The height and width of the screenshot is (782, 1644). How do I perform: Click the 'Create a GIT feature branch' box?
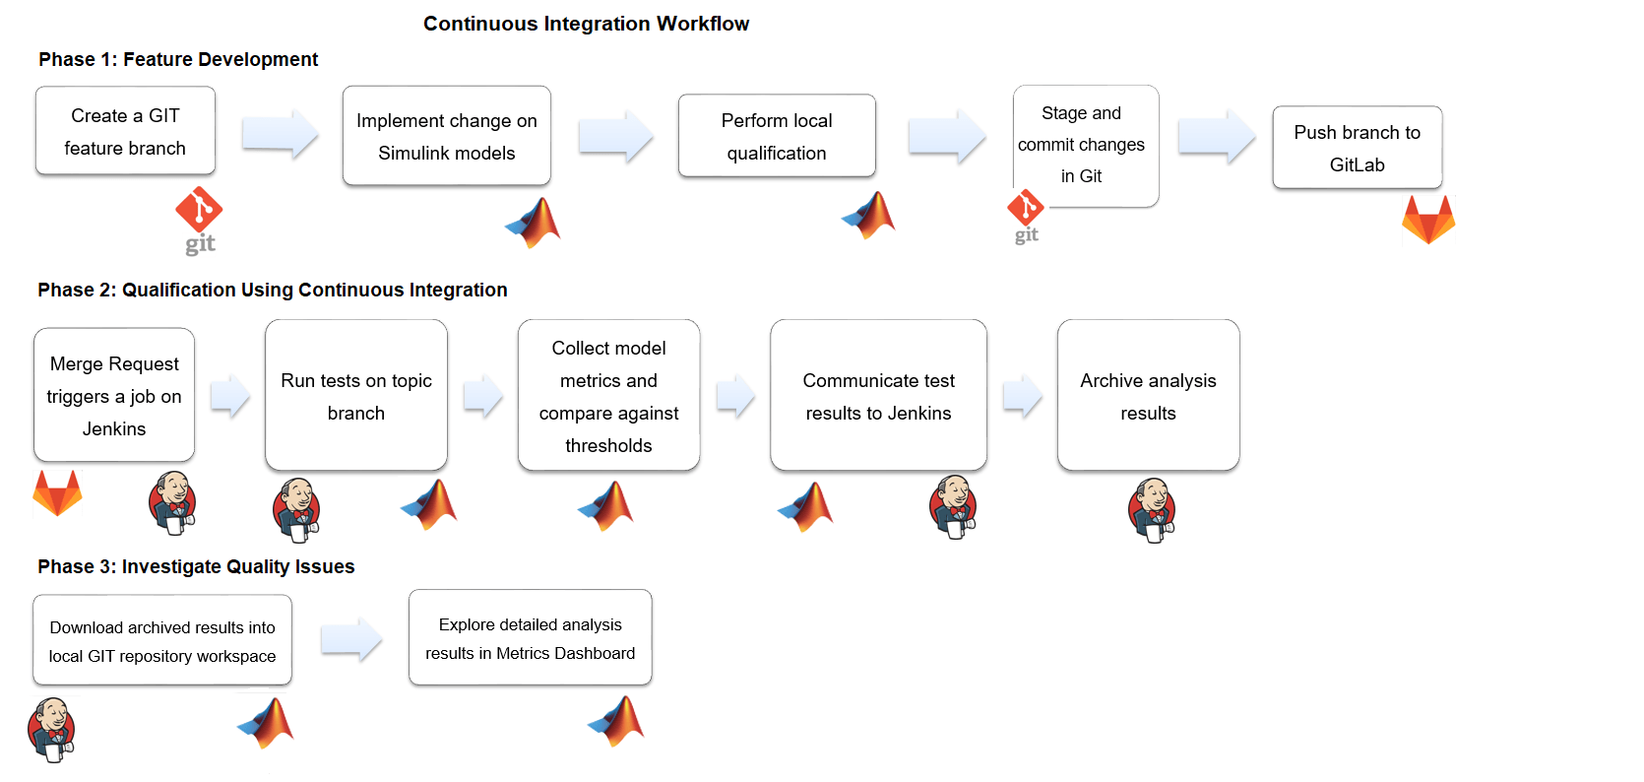pyautogui.click(x=125, y=131)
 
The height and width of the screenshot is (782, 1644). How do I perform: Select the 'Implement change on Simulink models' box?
pyautogui.click(x=446, y=136)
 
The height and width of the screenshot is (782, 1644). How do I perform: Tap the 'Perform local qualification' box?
pyautogui.click(x=777, y=136)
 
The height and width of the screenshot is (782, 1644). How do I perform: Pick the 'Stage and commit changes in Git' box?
pyautogui.click(x=1086, y=146)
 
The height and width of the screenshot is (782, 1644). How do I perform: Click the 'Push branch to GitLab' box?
pyautogui.click(x=1357, y=148)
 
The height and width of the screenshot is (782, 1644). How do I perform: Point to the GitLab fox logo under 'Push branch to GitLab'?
pyautogui.click(x=1428, y=219)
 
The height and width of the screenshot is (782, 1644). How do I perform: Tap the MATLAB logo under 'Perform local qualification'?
pyautogui.click(x=869, y=215)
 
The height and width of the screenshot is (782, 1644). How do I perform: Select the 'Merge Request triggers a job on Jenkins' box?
pyautogui.click(x=114, y=395)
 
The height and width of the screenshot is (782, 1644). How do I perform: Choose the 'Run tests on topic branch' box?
pyautogui.click(x=356, y=395)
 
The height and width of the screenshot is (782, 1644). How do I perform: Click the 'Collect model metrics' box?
pyautogui.click(x=608, y=395)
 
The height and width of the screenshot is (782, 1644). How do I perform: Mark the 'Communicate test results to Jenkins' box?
pyautogui.click(x=878, y=395)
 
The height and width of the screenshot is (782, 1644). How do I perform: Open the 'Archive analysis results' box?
pyautogui.click(x=1148, y=395)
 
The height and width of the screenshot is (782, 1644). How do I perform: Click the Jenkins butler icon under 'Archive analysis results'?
pyautogui.click(x=1152, y=509)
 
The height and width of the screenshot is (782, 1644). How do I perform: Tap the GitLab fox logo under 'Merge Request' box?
pyautogui.click(x=58, y=492)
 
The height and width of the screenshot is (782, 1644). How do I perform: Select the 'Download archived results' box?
pyautogui.click(x=162, y=640)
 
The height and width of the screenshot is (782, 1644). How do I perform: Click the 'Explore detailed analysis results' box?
pyautogui.click(x=530, y=637)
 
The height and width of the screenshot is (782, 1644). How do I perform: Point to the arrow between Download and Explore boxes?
pyautogui.click(x=351, y=639)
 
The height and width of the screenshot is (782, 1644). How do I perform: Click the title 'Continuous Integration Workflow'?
pyautogui.click(x=586, y=24)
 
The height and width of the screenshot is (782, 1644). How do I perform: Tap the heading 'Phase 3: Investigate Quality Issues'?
pyautogui.click(x=196, y=567)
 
